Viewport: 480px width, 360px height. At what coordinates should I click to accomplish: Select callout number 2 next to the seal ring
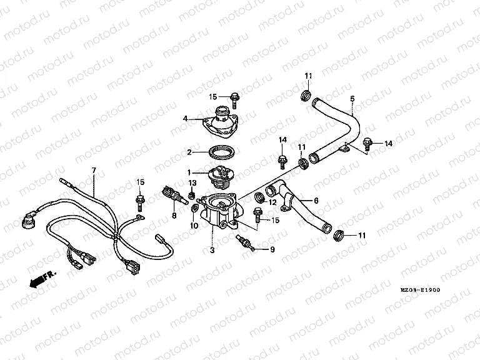pos(189,151)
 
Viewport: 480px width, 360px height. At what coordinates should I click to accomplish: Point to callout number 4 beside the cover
pos(185,117)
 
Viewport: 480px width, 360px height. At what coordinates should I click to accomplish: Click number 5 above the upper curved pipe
pos(352,99)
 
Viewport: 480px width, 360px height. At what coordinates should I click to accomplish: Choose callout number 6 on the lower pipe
pos(316,201)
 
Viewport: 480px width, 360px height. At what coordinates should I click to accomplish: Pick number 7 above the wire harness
pos(94,170)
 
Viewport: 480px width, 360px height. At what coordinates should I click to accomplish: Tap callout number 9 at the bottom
pos(272,250)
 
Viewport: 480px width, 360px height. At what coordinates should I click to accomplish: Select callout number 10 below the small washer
pos(193,225)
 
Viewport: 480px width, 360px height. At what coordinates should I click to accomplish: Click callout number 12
pos(272,202)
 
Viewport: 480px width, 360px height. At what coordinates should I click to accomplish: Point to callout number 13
pos(192,182)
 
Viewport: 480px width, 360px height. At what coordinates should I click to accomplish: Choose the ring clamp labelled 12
pos(259,199)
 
